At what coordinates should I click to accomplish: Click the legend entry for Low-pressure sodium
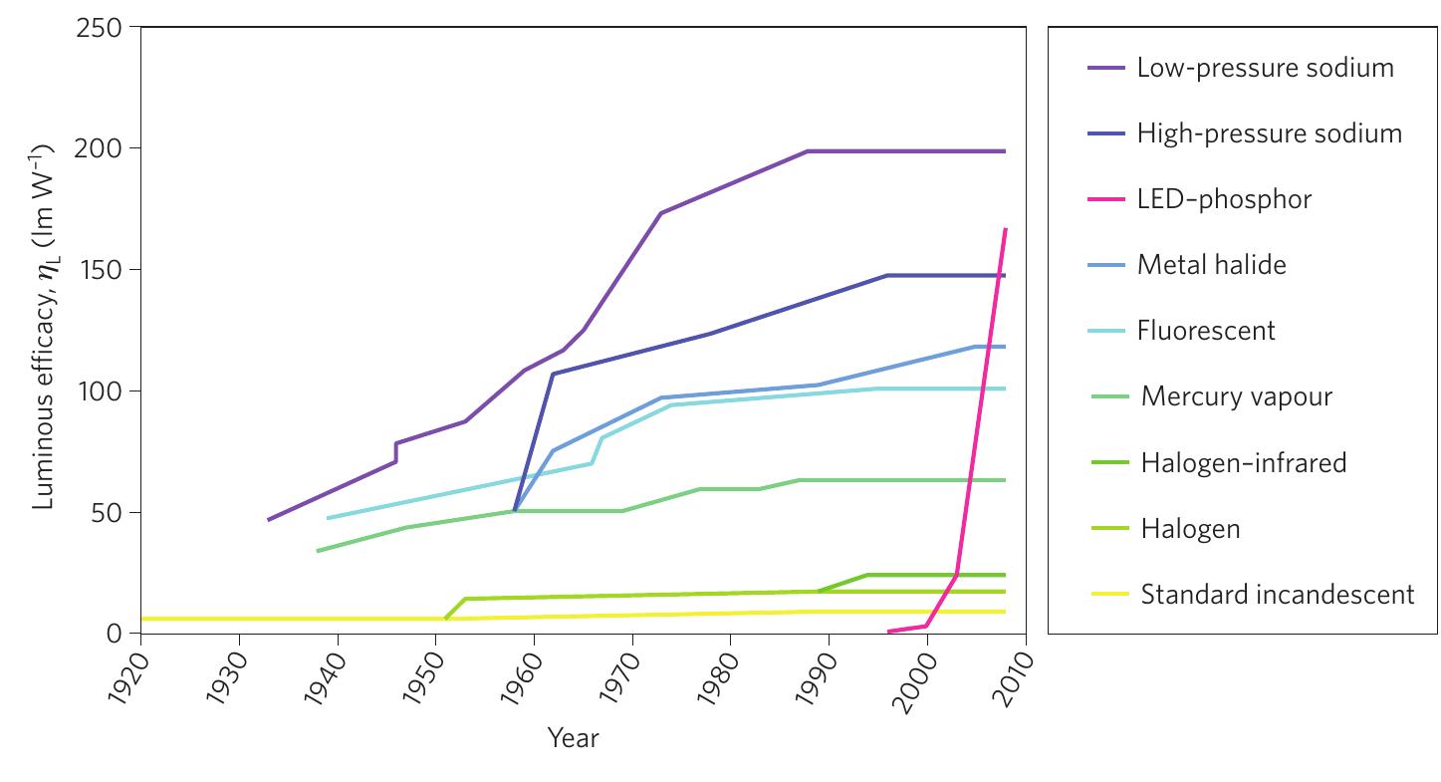1265,68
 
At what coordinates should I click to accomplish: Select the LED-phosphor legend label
1224,199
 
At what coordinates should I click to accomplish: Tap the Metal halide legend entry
1211,265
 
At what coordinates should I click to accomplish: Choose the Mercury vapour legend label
1236,396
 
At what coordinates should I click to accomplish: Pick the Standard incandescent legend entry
1277,595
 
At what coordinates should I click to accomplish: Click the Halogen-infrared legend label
1243,462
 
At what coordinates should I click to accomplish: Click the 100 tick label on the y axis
98,391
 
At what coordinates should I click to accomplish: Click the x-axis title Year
573,738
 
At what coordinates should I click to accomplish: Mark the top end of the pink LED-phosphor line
1006,230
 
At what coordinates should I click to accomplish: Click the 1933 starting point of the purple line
269,519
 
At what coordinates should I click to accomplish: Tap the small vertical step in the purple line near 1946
395,452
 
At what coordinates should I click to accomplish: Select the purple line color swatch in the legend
1105,68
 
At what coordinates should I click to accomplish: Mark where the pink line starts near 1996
888,632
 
